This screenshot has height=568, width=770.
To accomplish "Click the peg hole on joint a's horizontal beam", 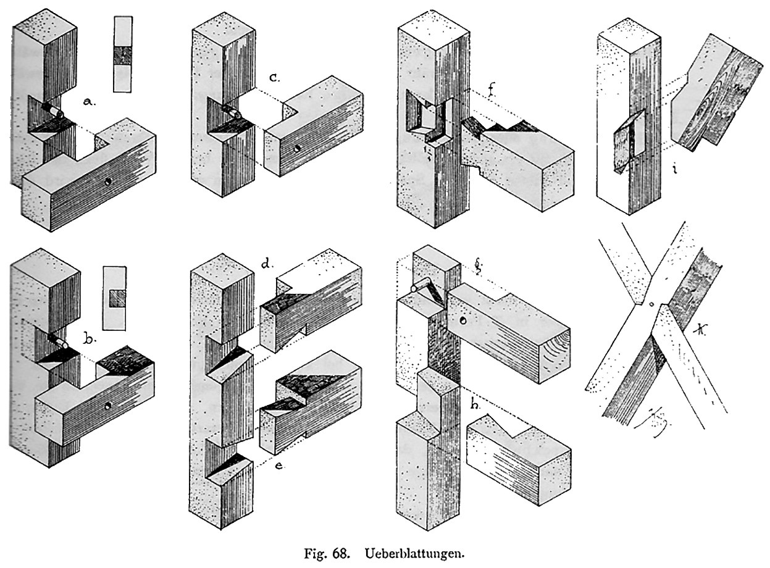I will click(x=109, y=183).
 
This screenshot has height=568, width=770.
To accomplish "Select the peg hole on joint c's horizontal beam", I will click(x=298, y=148).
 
